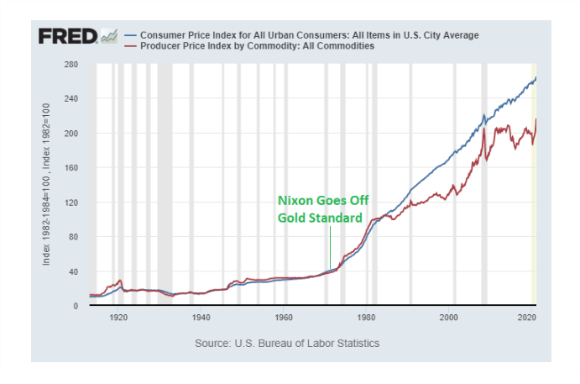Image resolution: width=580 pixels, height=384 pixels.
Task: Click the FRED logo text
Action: click(67, 37)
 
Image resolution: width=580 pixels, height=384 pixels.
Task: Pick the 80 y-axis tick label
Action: click(73, 237)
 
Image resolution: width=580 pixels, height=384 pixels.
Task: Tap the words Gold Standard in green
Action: click(320, 218)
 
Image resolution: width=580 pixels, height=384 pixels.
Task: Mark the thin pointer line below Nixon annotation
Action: click(330, 248)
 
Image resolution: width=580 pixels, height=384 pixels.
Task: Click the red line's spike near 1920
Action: click(121, 281)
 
